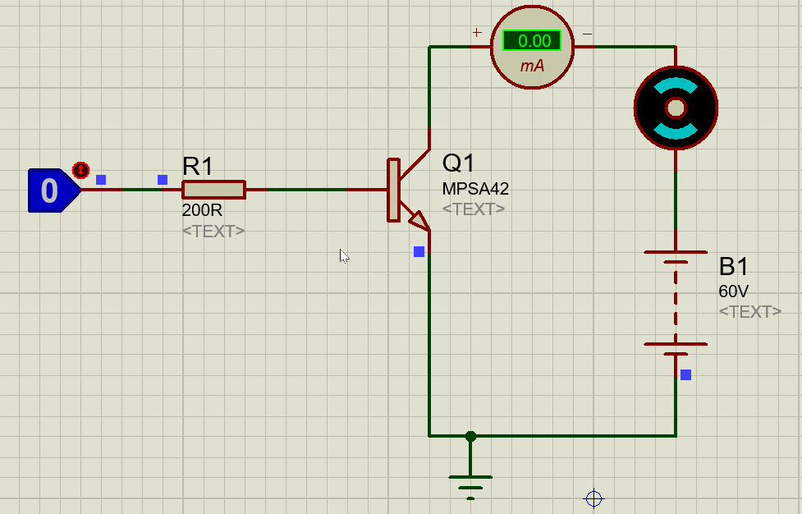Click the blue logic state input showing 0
[x=51, y=190]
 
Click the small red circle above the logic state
[x=80, y=170]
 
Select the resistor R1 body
[x=213, y=190]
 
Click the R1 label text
[x=198, y=167]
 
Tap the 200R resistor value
[x=202, y=210]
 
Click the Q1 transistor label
[x=459, y=163]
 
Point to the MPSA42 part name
[x=475, y=189]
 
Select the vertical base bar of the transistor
[x=393, y=190]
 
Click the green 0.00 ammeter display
[x=532, y=40]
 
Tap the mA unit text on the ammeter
[x=532, y=66]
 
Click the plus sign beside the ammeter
[x=476, y=33]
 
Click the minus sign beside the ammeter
[x=587, y=33]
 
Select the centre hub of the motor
[x=676, y=108]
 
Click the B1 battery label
[x=734, y=267]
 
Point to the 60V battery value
[x=733, y=291]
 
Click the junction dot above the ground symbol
[x=470, y=436]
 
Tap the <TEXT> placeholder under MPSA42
[x=474, y=209]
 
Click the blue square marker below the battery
[x=685, y=374]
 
